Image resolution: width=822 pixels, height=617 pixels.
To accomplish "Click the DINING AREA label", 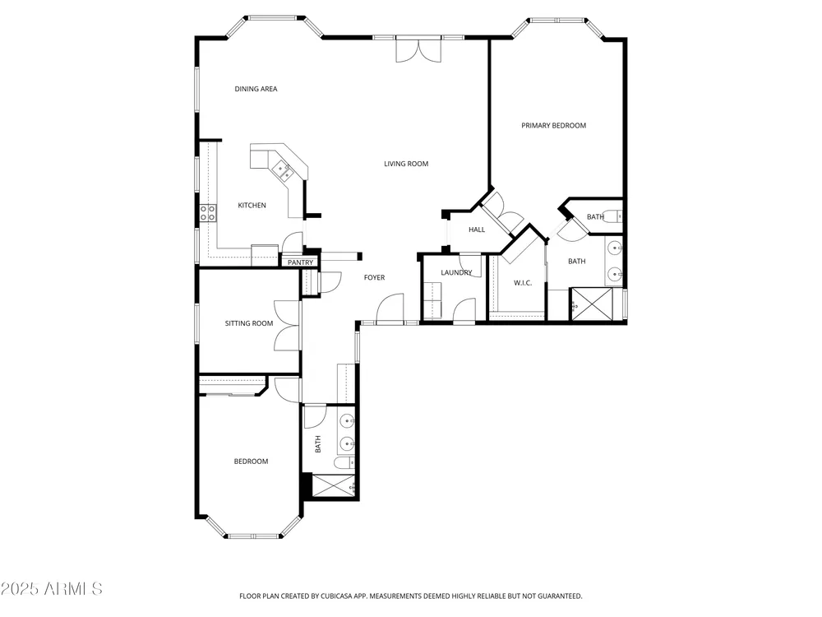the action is (256, 89).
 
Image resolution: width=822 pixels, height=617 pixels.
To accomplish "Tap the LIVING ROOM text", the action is (406, 164).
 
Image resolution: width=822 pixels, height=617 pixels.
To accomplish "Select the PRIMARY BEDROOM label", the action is (553, 125).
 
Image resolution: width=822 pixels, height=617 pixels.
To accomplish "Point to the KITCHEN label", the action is (252, 205).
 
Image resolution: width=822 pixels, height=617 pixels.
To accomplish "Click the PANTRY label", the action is (300, 262).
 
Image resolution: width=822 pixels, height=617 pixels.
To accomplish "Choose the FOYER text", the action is (374, 277).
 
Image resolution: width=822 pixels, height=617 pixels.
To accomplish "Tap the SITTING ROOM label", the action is (249, 323).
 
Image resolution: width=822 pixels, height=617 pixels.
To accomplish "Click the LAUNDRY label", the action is (456, 273).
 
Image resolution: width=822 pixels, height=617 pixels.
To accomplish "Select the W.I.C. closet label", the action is (523, 283).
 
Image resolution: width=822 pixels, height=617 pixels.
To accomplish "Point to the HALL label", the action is (477, 230).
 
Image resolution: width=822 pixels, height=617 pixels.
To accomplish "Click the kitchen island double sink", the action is (282, 170).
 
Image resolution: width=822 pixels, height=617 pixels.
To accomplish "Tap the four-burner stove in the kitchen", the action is (208, 212).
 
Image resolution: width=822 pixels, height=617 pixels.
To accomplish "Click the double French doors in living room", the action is (418, 50).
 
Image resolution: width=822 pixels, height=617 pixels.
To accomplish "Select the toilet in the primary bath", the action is (612, 216).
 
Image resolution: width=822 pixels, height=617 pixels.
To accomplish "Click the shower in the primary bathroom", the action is (591, 304).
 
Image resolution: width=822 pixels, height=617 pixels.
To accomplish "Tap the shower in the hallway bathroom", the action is (334, 485).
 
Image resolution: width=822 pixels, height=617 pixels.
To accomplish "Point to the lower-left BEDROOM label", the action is (251, 462).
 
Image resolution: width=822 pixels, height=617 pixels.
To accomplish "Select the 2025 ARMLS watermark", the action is (51, 589).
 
